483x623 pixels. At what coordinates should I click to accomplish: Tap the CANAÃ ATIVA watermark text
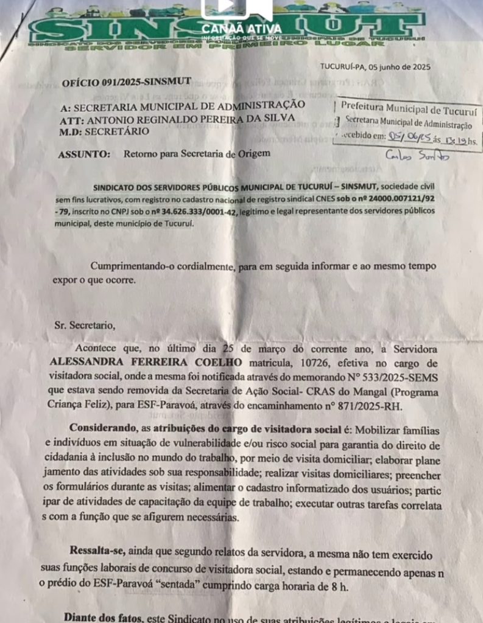click(241, 29)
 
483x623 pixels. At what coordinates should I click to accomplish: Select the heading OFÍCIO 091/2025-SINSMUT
click(126, 82)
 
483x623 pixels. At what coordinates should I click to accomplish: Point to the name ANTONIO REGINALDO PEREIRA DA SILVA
click(194, 118)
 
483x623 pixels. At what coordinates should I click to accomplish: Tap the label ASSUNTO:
click(84, 154)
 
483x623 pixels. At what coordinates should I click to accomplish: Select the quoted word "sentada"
click(203, 587)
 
